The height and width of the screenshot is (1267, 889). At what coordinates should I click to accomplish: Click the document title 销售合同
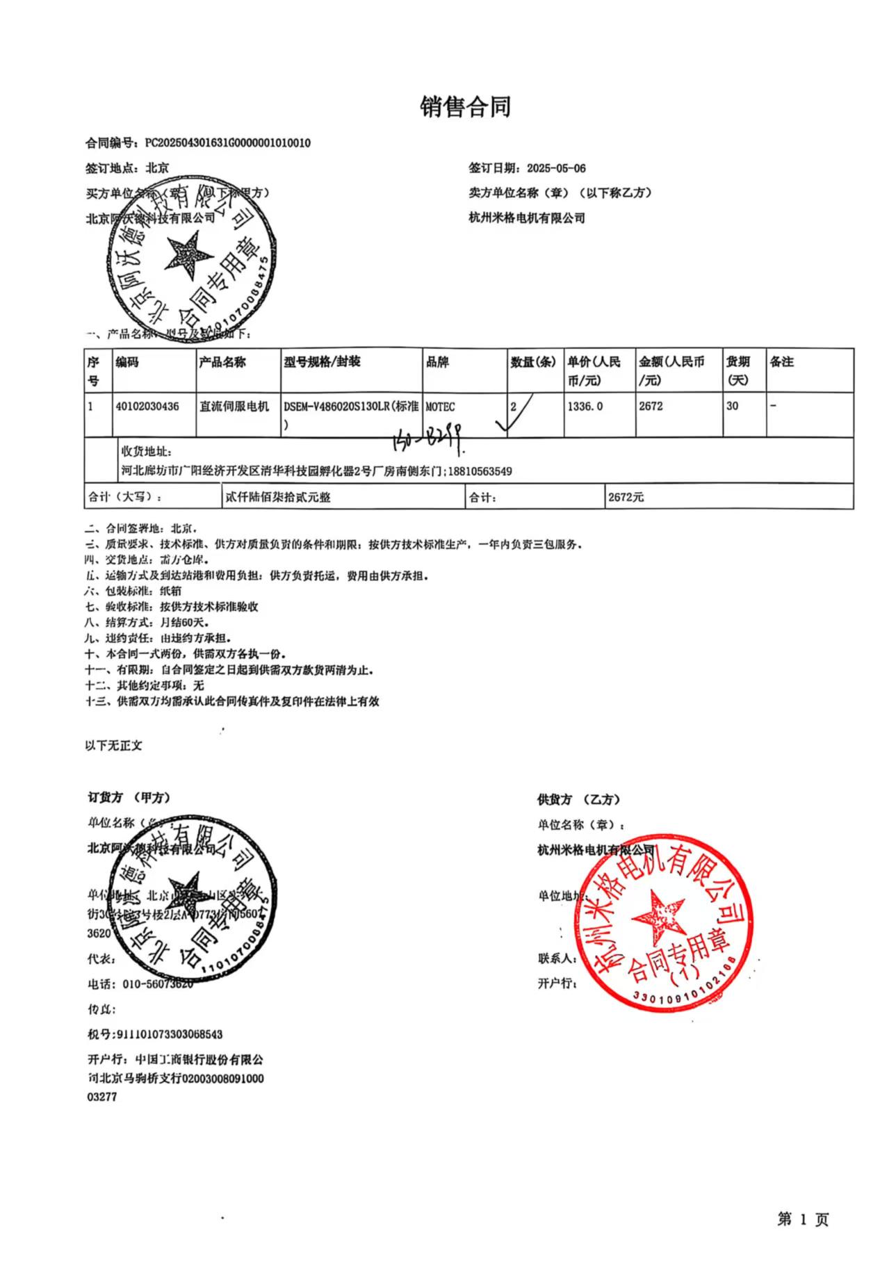[x=465, y=106]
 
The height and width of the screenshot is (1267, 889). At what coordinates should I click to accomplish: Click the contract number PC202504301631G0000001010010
[x=227, y=143]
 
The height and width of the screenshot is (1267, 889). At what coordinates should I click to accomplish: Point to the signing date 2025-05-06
[x=556, y=168]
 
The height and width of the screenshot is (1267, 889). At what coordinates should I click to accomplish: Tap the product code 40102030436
[x=147, y=407]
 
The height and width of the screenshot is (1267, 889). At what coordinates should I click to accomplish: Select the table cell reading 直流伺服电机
[x=234, y=407]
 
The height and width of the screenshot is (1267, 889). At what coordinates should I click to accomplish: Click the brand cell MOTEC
[x=440, y=407]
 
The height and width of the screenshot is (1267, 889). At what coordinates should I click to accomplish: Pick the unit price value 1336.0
[x=585, y=407]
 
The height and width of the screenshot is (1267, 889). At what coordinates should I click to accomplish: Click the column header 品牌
[x=437, y=362]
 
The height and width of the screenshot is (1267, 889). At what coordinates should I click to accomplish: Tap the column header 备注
[x=781, y=362]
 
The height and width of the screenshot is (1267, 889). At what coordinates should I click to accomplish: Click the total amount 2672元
[x=626, y=498]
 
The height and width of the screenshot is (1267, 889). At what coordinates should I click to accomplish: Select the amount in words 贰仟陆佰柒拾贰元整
[x=278, y=498]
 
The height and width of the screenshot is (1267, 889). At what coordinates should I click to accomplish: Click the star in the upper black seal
[x=188, y=251]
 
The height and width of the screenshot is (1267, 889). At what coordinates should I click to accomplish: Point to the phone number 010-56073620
[x=157, y=984]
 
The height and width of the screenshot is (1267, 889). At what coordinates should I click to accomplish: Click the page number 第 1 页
[x=803, y=1219]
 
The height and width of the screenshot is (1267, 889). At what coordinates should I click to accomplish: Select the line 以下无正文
[x=113, y=746]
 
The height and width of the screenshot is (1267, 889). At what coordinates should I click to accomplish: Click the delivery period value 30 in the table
[x=732, y=407]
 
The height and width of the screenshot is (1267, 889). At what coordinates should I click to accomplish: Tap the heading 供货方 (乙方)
[x=578, y=799]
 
